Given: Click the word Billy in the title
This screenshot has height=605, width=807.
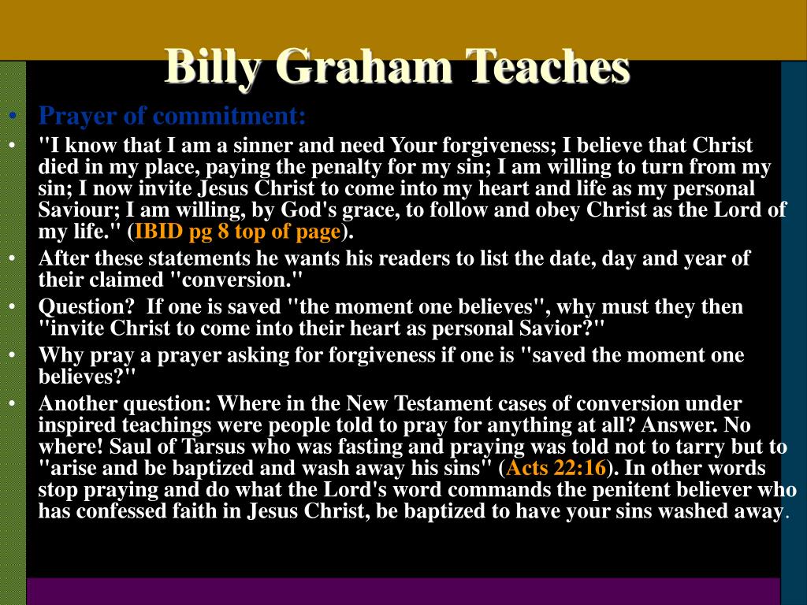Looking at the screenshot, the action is pos(213,68).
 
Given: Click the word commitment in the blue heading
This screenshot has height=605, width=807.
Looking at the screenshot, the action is pos(230,116).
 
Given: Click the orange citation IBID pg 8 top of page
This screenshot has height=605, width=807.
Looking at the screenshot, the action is pos(238,232).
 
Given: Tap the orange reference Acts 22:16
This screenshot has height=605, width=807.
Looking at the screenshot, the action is pos(556,468).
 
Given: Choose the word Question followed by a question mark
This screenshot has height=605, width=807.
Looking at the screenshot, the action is pos(86,306).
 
